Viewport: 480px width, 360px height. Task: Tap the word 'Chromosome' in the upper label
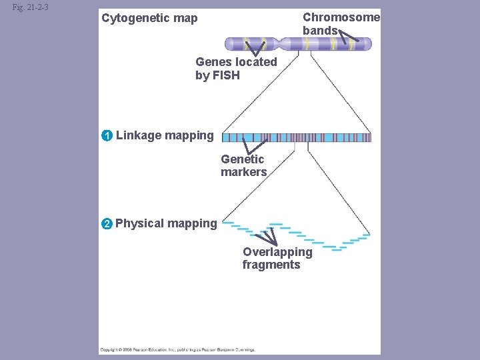point(341,17)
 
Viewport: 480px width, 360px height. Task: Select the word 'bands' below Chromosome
point(320,31)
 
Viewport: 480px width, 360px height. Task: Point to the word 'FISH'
point(225,75)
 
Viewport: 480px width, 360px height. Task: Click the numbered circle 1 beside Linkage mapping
point(107,136)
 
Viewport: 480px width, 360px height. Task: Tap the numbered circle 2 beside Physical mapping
point(107,223)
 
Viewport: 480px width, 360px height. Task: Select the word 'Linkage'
point(138,136)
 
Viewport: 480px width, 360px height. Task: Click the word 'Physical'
point(139,223)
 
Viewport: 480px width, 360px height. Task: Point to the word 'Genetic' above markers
point(243,159)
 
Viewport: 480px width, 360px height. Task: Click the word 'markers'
point(244,172)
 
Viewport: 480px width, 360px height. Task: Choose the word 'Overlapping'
point(277,252)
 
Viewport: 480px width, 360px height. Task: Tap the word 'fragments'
point(271,265)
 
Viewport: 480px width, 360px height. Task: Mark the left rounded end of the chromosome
point(228,45)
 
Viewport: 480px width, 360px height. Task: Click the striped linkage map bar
point(296,137)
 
